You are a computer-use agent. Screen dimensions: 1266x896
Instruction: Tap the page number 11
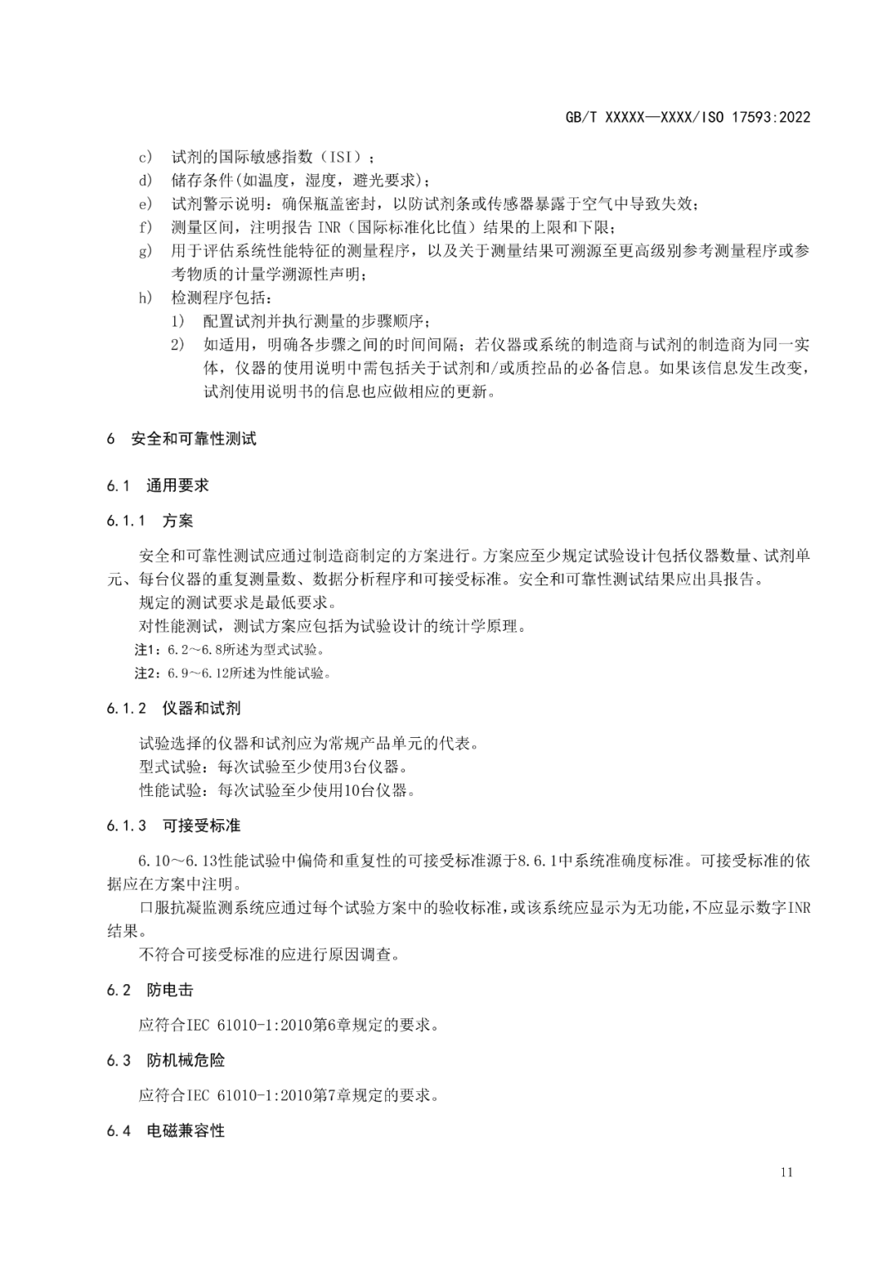[786, 1171]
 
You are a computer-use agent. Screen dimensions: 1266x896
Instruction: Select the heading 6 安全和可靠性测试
[182, 439]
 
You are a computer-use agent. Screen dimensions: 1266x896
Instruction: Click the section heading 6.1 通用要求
[158, 486]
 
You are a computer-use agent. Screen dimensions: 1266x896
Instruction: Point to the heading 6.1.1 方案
[150, 521]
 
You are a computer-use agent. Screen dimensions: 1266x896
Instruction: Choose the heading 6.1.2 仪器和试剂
[173, 708]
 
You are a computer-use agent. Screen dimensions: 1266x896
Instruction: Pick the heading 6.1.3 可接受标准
[173, 826]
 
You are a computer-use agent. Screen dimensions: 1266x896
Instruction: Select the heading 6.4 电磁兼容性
[166, 1131]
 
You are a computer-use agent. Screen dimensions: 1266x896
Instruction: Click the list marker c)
[145, 157]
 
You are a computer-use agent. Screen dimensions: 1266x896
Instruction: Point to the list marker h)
[145, 298]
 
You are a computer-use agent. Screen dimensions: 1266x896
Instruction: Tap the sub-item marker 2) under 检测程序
[178, 345]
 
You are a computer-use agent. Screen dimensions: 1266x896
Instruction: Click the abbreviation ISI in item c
[340, 157]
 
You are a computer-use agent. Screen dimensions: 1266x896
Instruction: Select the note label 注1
[145, 649]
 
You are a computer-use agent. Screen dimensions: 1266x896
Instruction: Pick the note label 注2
[145, 673]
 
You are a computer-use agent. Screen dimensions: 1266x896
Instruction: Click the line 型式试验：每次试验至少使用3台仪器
[274, 767]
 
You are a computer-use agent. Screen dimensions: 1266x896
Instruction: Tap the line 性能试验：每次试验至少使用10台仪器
[278, 790]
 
